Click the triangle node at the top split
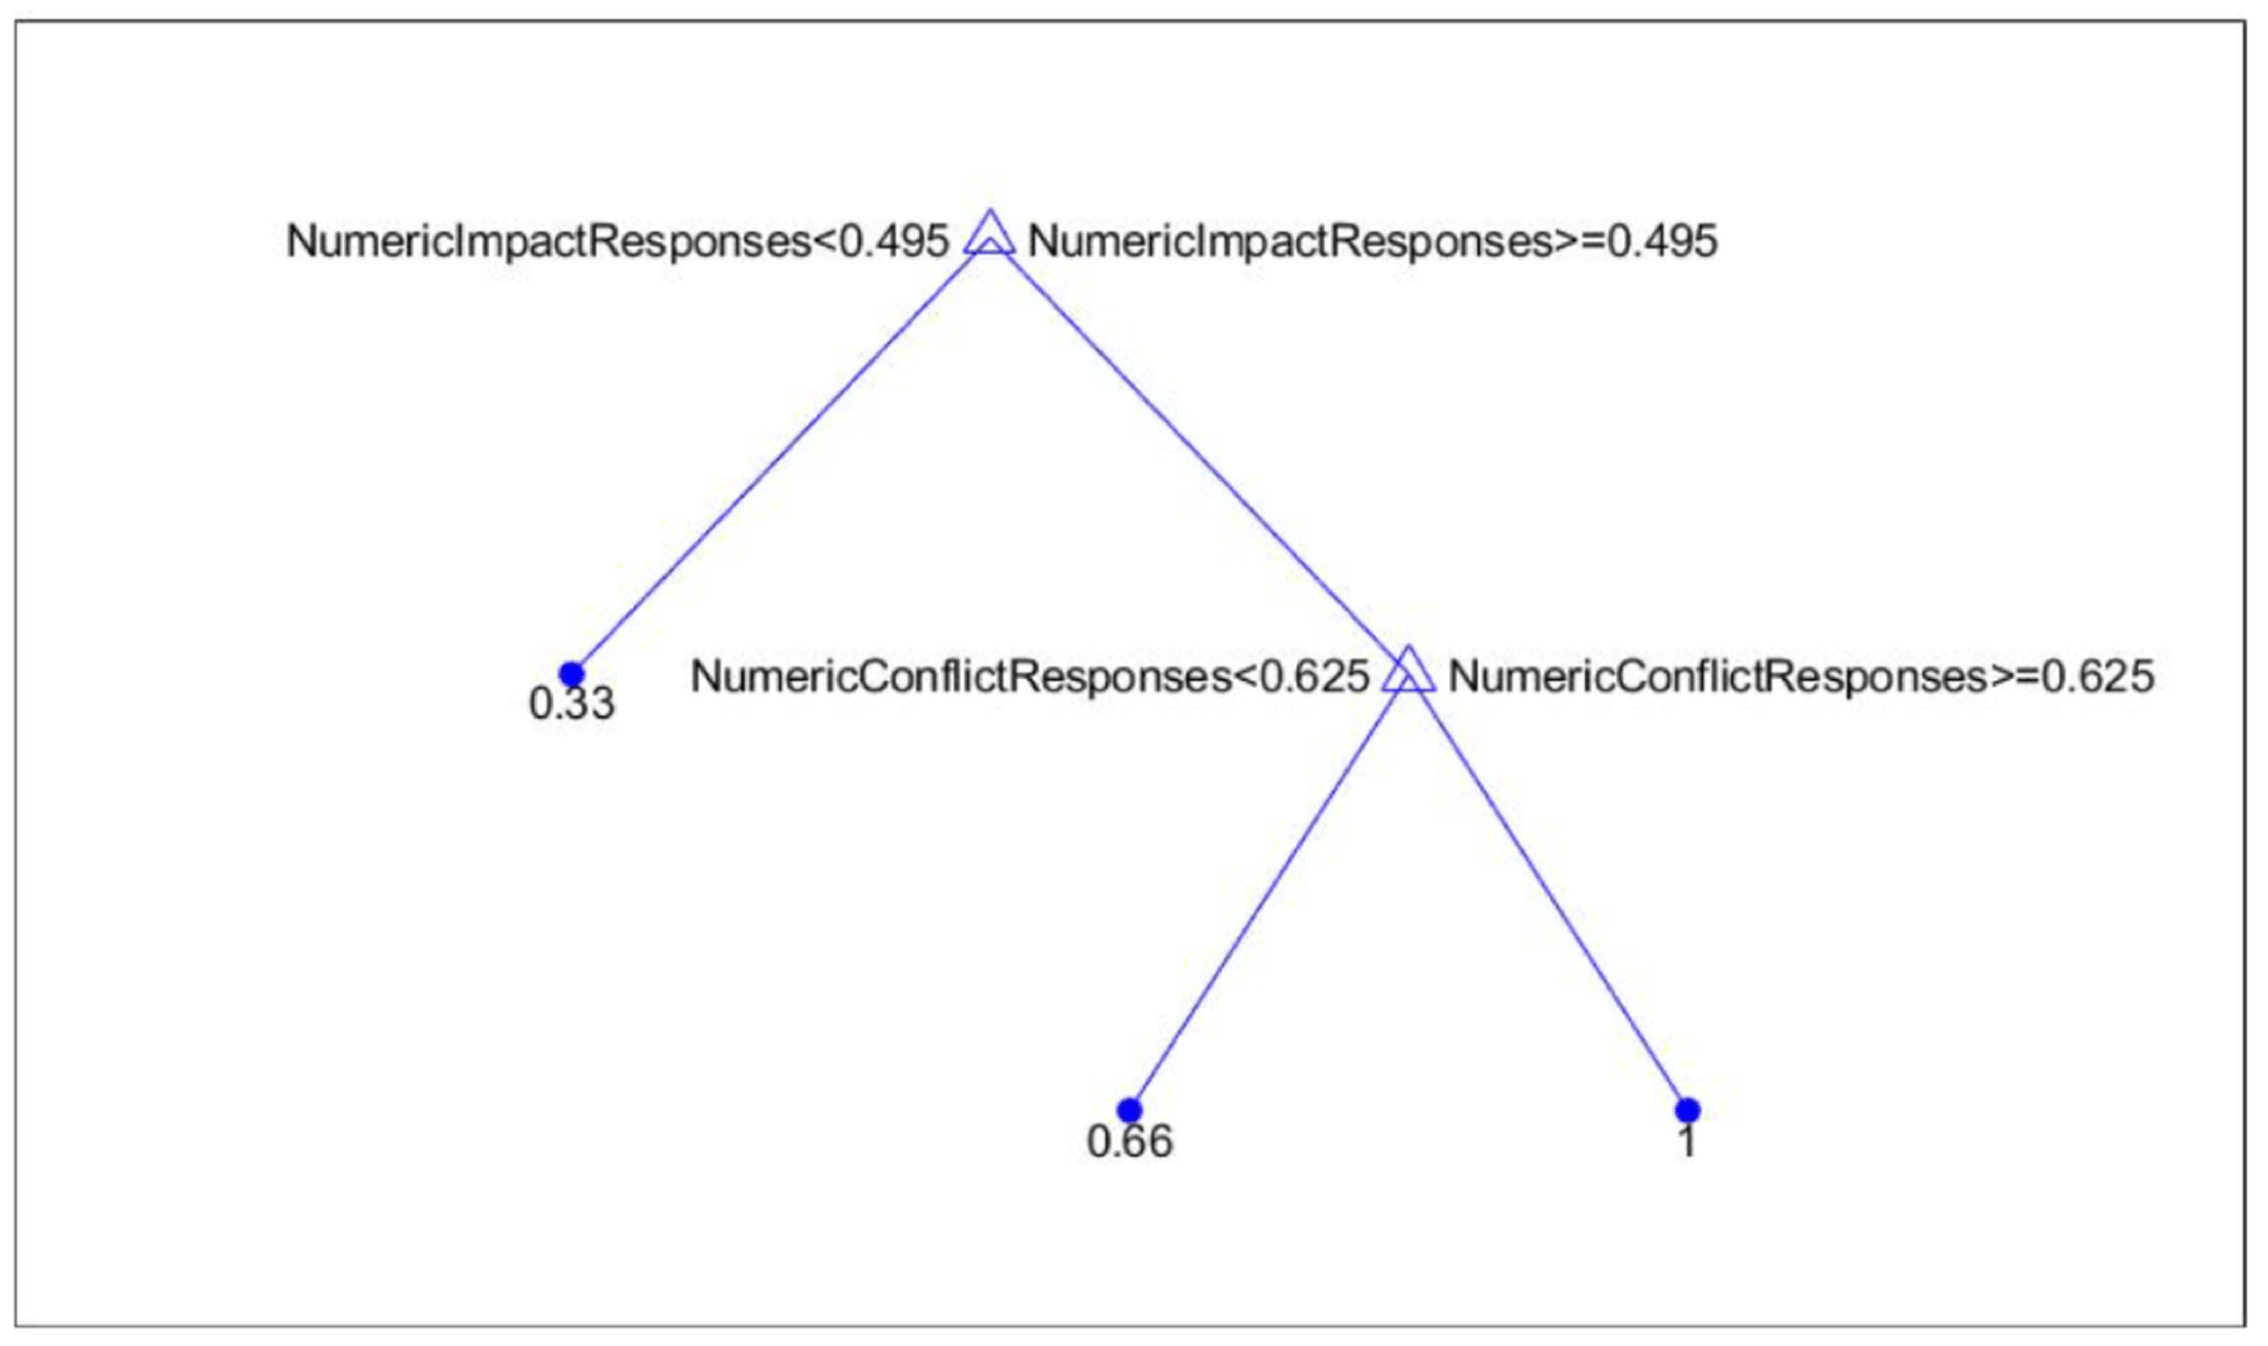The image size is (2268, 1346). (990, 235)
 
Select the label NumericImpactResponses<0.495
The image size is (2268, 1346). (617, 241)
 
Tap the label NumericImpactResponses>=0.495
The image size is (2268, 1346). (1372, 241)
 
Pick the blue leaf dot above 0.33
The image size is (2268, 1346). (571, 674)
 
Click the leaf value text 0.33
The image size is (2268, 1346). (572, 704)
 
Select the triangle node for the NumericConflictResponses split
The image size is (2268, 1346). (1408, 672)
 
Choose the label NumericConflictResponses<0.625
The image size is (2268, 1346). (1030, 677)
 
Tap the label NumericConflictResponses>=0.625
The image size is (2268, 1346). (1801, 677)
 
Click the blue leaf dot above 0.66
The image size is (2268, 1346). (1129, 1110)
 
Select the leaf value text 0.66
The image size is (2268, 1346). (1130, 1141)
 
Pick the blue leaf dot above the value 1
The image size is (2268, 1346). (1686, 1110)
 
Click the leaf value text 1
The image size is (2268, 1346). (1687, 1141)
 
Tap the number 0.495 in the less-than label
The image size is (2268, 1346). (893, 241)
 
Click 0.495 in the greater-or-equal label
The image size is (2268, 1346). (1663, 241)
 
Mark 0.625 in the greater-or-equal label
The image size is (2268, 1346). (2098, 677)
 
